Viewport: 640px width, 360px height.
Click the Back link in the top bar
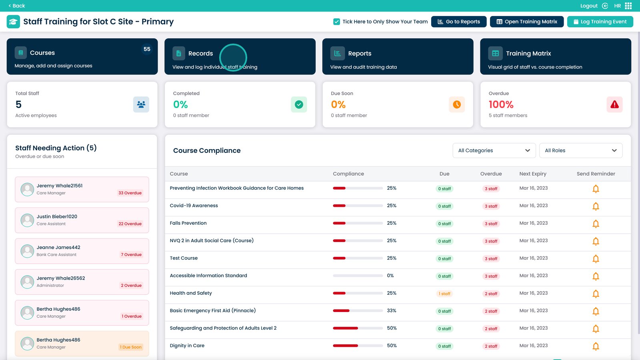click(17, 6)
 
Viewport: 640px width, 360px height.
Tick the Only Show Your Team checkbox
click(337, 22)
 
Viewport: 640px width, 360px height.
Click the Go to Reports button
click(459, 22)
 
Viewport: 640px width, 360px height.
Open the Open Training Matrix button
click(526, 22)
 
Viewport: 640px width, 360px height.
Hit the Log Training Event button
click(600, 22)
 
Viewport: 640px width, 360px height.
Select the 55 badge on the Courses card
click(147, 49)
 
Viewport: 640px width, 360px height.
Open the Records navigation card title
click(200, 54)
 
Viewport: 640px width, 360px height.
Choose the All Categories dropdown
click(494, 150)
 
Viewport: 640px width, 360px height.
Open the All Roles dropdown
click(580, 150)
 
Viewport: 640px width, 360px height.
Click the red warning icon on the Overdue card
click(614, 104)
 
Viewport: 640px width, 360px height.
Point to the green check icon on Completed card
click(299, 104)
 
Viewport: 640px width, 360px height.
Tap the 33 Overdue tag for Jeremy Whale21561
click(130, 193)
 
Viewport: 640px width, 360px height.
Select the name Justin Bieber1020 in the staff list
click(57, 216)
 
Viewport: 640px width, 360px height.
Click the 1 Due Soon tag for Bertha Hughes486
click(131, 347)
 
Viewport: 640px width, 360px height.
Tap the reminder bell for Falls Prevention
click(596, 224)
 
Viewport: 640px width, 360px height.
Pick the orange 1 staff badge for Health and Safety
click(444, 294)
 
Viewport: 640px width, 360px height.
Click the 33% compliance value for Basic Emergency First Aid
click(392, 310)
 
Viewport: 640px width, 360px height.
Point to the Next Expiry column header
click(533, 174)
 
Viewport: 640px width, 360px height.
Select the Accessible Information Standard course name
click(208, 276)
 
